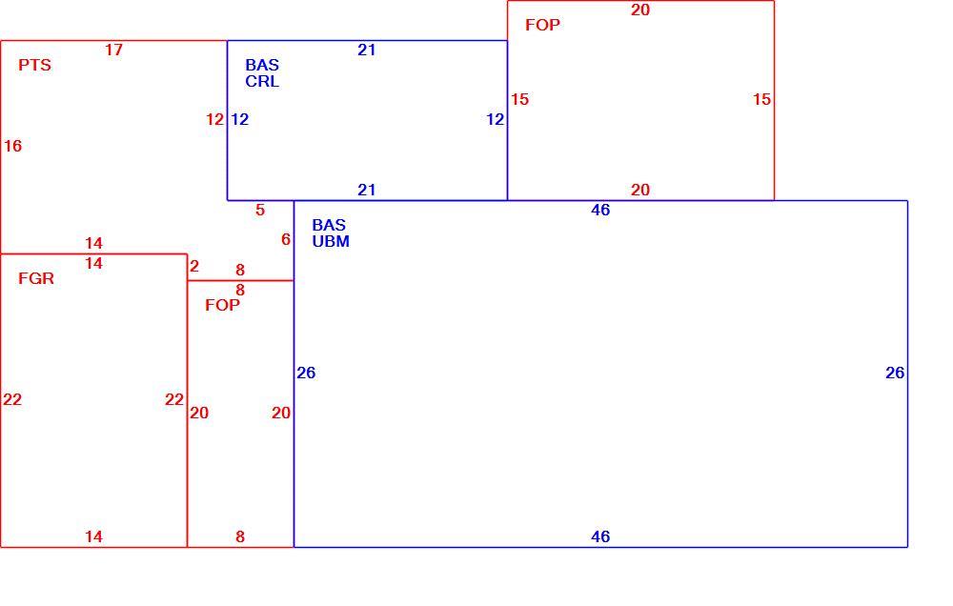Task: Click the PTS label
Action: tap(34, 65)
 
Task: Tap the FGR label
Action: tap(36, 278)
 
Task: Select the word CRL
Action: tap(262, 81)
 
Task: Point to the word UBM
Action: tap(331, 241)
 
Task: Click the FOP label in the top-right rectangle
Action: tap(543, 25)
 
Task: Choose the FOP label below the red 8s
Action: tap(222, 305)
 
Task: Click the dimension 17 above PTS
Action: tap(113, 50)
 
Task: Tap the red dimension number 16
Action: tap(12, 146)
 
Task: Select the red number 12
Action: tap(215, 119)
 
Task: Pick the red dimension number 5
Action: tap(260, 211)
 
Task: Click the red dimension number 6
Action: tap(286, 239)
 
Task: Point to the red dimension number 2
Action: tap(194, 266)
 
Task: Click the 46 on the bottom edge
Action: tap(600, 536)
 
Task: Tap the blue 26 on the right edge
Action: tap(895, 373)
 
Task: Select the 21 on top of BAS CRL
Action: tap(367, 50)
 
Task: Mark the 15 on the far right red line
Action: tap(762, 99)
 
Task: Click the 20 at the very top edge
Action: tap(640, 10)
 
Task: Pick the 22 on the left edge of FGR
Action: tap(12, 399)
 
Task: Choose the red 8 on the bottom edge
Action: tap(240, 536)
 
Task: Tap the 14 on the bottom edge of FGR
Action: tap(93, 536)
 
